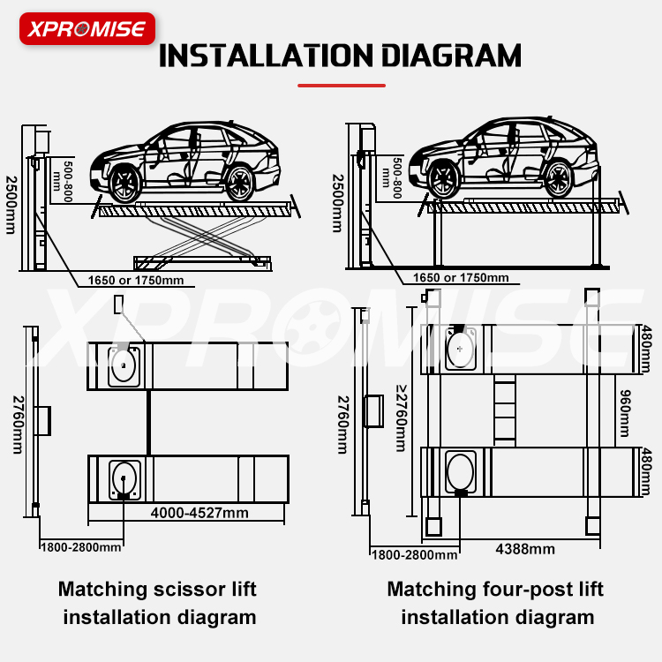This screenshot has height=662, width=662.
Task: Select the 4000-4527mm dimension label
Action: pos(199,513)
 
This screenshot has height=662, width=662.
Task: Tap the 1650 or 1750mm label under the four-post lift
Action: pos(462,278)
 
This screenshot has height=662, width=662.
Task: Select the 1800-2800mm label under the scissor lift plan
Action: pos(80,547)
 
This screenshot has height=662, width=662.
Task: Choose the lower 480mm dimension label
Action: pos(648,471)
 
